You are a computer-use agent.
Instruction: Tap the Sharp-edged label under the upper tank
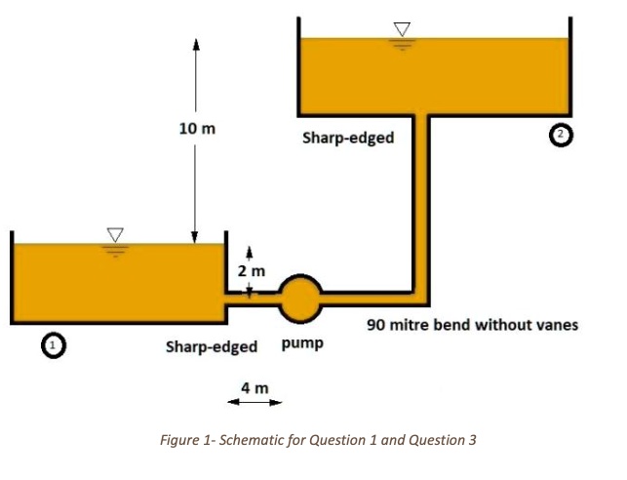point(348,138)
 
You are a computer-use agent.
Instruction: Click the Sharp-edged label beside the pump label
point(212,346)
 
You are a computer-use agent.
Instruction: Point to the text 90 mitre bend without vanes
point(472,324)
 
